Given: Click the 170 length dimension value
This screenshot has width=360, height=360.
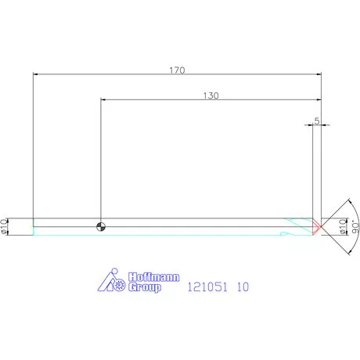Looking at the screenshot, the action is pyautogui.click(x=177, y=70).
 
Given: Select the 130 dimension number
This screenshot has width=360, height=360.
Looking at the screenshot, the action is pyautogui.click(x=211, y=95).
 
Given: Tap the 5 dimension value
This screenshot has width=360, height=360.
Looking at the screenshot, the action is pyautogui.click(x=317, y=121).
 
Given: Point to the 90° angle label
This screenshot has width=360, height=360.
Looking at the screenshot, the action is pyautogui.click(x=355, y=226).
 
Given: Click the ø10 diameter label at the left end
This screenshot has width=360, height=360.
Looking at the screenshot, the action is pyautogui.click(x=4, y=226).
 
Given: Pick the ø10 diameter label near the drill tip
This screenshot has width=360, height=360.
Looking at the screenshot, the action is pyautogui.click(x=343, y=226).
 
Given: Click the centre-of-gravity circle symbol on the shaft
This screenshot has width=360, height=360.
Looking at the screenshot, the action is pyautogui.click(x=101, y=227).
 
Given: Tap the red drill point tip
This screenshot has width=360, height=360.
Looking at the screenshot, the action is pyautogui.click(x=317, y=227).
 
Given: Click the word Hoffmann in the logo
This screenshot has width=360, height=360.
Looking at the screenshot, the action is pyautogui.click(x=154, y=277).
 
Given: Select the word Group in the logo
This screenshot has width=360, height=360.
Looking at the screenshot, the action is pyautogui.click(x=145, y=287).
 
